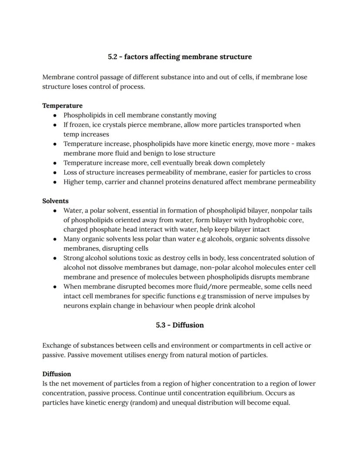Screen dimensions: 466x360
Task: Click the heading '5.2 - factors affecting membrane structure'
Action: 180,57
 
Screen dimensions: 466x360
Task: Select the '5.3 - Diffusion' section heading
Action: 180,325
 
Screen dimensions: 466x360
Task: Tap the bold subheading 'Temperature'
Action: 62,106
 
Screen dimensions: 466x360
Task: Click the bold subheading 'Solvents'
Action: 55,201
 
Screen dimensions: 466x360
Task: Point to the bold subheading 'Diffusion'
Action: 57,374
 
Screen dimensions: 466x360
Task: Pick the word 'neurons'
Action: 77,305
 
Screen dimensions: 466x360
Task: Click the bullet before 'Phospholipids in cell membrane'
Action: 55,116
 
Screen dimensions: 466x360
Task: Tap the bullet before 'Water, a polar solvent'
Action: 55,211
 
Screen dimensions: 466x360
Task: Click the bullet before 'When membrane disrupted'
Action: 55,287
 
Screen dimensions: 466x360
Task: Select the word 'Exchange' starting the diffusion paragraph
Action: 57,345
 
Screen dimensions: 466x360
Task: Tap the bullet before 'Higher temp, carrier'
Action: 55,182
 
